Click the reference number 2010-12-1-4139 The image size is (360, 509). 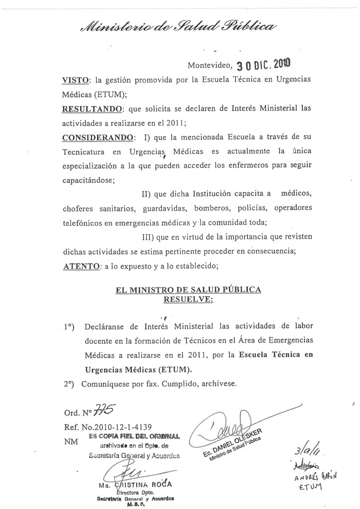[116, 426]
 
